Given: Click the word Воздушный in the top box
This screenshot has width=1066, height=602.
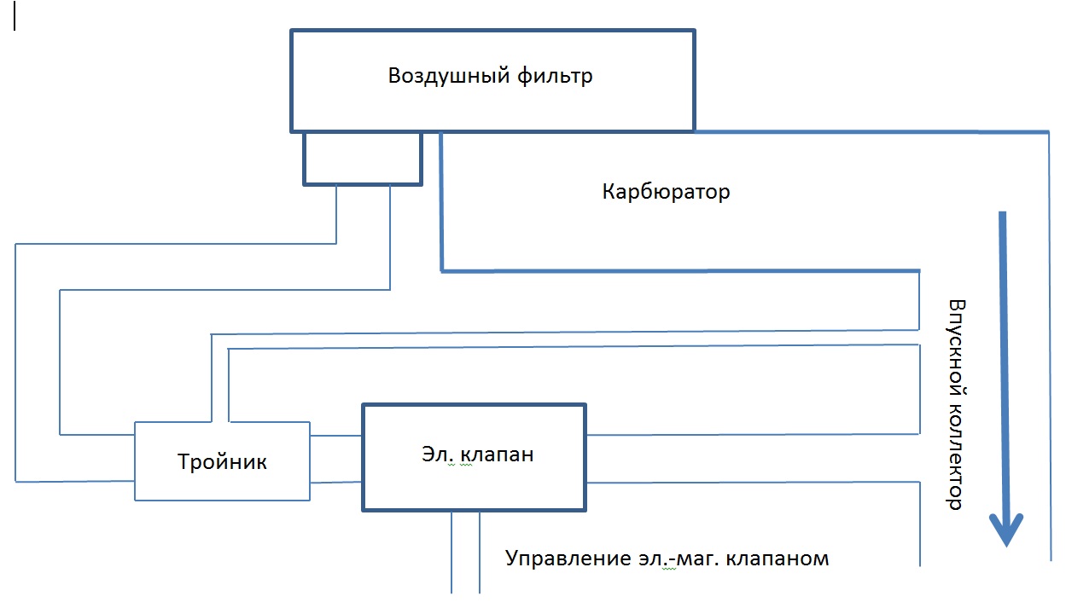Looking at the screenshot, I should pos(449,76).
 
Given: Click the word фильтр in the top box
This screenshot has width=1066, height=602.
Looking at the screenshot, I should pos(556,76).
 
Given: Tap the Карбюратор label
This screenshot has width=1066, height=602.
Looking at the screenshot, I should pos(666,192).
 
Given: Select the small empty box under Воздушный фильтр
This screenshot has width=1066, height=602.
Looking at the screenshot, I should pos(363,158).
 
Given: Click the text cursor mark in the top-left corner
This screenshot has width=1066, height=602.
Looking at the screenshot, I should pos(15,19).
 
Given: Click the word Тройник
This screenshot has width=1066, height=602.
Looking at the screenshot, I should pos(222,462).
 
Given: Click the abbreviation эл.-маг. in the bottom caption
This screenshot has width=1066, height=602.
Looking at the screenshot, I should pos(691,559).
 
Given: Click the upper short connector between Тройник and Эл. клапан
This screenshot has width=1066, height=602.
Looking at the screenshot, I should pos(336,437).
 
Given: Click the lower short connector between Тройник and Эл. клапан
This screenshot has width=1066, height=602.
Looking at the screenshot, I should pos(336,482).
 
